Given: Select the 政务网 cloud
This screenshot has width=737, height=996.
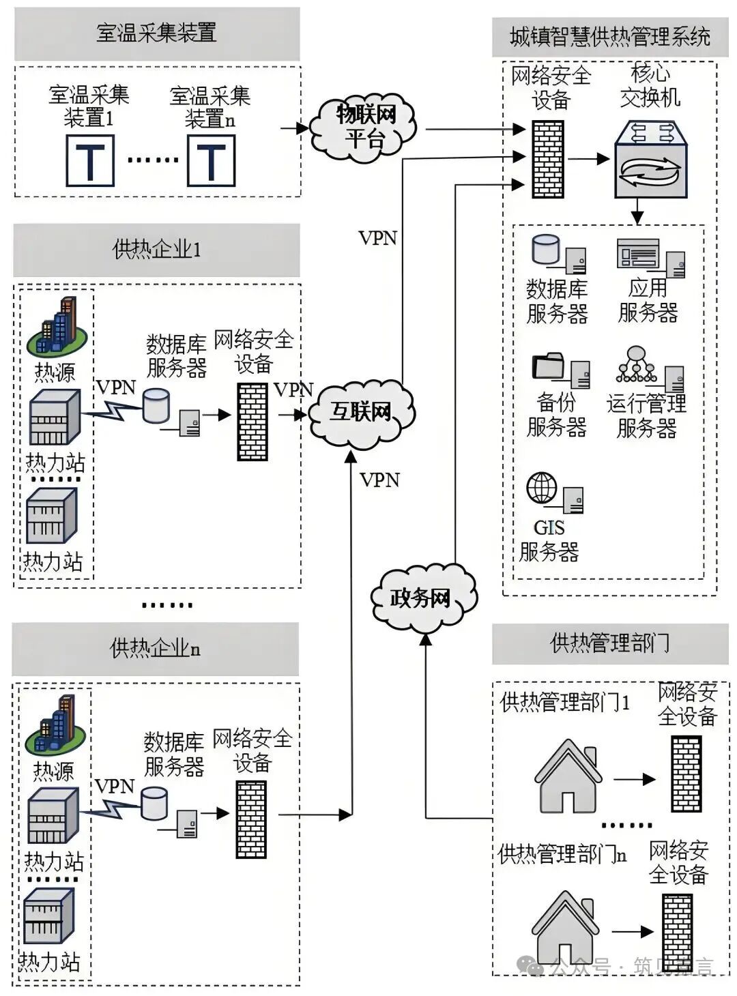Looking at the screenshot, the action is [x=423, y=598].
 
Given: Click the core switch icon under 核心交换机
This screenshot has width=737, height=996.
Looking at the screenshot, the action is [x=651, y=159].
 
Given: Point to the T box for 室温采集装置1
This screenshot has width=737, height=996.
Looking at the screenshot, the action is [x=90, y=160].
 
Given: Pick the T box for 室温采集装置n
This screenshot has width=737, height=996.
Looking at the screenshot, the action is [x=212, y=160].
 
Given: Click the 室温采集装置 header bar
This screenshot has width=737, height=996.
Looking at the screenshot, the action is [x=157, y=33].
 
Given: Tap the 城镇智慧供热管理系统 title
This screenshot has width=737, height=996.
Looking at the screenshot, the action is [x=610, y=37].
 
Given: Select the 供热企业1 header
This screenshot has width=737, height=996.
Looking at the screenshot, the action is [x=156, y=250].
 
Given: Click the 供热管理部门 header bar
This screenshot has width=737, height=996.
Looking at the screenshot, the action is [x=610, y=643].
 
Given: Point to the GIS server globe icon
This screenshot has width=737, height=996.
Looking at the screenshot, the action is [x=542, y=487].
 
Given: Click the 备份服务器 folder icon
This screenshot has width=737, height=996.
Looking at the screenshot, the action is [x=548, y=366].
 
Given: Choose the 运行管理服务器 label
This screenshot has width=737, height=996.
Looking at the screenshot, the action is [x=646, y=415].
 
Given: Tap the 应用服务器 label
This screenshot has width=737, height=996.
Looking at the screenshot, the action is [x=648, y=300].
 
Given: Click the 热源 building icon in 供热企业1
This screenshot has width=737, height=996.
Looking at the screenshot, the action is [x=57, y=325].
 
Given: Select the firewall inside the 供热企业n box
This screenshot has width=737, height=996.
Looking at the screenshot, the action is [x=251, y=819].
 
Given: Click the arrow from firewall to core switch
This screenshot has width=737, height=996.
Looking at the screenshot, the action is [x=589, y=158].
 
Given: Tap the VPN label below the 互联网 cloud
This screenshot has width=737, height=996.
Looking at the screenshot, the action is [x=379, y=480].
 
